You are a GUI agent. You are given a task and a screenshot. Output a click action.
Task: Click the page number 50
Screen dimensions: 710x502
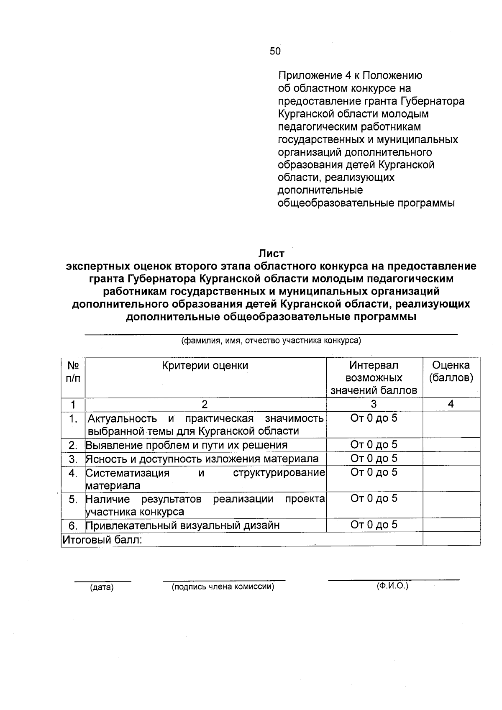[275, 51]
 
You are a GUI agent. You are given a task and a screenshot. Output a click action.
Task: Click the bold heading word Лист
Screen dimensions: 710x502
[271, 254]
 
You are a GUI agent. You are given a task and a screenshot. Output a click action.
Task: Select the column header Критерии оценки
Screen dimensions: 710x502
[205, 366]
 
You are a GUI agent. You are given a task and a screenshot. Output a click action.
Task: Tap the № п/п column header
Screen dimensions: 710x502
[73, 372]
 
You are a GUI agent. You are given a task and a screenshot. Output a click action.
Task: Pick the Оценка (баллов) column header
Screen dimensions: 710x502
[451, 372]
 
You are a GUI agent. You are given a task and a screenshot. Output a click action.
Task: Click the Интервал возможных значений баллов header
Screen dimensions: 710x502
[374, 378]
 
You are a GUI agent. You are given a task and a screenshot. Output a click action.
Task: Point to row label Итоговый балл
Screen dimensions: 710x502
[102, 540]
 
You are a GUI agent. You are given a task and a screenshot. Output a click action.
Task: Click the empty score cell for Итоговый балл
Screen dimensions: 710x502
[451, 539]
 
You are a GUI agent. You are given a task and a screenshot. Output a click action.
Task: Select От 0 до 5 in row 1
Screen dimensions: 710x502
[374, 418]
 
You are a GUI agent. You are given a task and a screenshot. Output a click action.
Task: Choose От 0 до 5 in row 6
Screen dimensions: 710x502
[374, 525]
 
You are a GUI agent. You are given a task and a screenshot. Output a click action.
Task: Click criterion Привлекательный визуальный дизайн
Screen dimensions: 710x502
[183, 525]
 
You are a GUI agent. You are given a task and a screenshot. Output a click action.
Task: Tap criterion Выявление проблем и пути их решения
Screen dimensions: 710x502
[187, 445]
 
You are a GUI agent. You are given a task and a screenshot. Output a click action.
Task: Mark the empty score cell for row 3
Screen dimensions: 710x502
[451, 459]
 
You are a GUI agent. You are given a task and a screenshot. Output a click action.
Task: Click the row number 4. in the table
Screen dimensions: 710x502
[73, 473]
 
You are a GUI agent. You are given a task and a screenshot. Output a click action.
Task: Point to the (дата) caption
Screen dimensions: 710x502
[102, 587]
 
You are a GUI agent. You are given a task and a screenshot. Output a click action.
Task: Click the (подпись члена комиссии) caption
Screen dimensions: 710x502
[223, 587]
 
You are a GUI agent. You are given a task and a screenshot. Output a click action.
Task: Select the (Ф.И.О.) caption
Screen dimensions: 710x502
[392, 586]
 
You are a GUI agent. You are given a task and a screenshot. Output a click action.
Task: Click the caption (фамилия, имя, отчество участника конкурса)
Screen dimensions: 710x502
[271, 341]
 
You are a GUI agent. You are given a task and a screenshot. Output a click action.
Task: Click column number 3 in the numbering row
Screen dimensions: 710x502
[374, 404]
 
